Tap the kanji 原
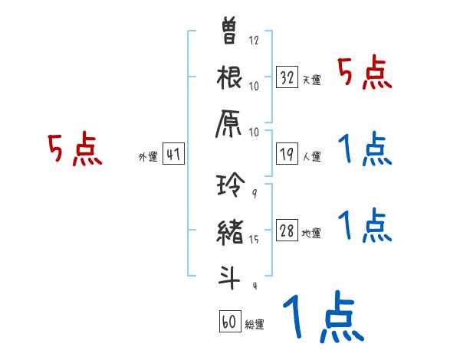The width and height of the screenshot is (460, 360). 229,124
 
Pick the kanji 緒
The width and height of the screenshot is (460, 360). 229,231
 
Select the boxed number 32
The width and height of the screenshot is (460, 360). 287,77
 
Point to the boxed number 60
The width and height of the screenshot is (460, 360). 229,322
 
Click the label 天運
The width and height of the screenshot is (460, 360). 311,80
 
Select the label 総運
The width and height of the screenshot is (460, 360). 254,324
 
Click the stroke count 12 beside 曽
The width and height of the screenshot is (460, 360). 254,41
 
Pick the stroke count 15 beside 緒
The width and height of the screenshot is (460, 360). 254,240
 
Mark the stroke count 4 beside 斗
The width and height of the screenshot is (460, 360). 254,286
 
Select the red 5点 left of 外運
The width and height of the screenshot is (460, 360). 74,149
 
